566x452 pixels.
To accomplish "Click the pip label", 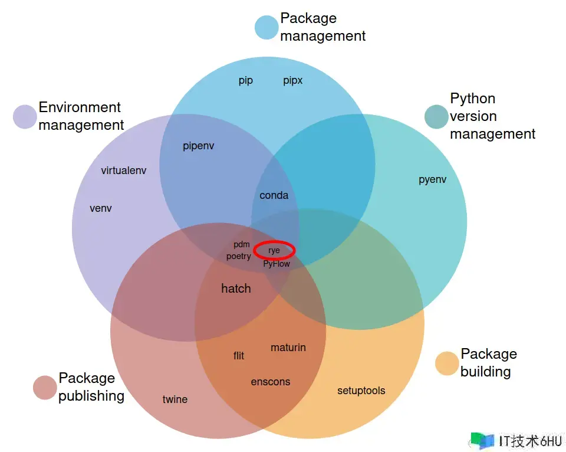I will pyautogui.click(x=246, y=80).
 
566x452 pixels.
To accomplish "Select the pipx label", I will pyautogui.click(x=292, y=80).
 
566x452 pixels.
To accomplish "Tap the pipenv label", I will pyautogui.click(x=199, y=146).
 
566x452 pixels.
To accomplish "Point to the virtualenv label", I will pyautogui.click(x=124, y=171).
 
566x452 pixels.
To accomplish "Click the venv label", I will pyautogui.click(x=101, y=208).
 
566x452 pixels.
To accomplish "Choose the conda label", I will pyautogui.click(x=274, y=195).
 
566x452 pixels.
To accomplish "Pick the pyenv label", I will pyautogui.click(x=433, y=179).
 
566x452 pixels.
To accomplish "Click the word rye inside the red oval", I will pyautogui.click(x=274, y=250).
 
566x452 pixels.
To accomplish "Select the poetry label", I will pyautogui.click(x=239, y=257).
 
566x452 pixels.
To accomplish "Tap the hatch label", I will pyautogui.click(x=236, y=289).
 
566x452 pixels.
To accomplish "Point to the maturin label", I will pyautogui.click(x=288, y=348).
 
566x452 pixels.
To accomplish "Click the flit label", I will pyautogui.click(x=239, y=356).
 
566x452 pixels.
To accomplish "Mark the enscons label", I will pyautogui.click(x=271, y=382).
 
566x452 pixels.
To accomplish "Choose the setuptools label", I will pyautogui.click(x=361, y=391).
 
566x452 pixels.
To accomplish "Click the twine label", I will pyautogui.click(x=175, y=399).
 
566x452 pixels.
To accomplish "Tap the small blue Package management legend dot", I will pyautogui.click(x=266, y=28).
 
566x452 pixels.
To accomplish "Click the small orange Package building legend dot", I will pyautogui.click(x=447, y=363).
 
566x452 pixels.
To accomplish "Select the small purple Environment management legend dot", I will pyautogui.click(x=25, y=117).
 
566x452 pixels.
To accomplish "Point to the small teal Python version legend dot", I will pyautogui.click(x=436, y=117).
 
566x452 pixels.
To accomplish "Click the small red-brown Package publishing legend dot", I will pyautogui.click(x=45, y=388).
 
